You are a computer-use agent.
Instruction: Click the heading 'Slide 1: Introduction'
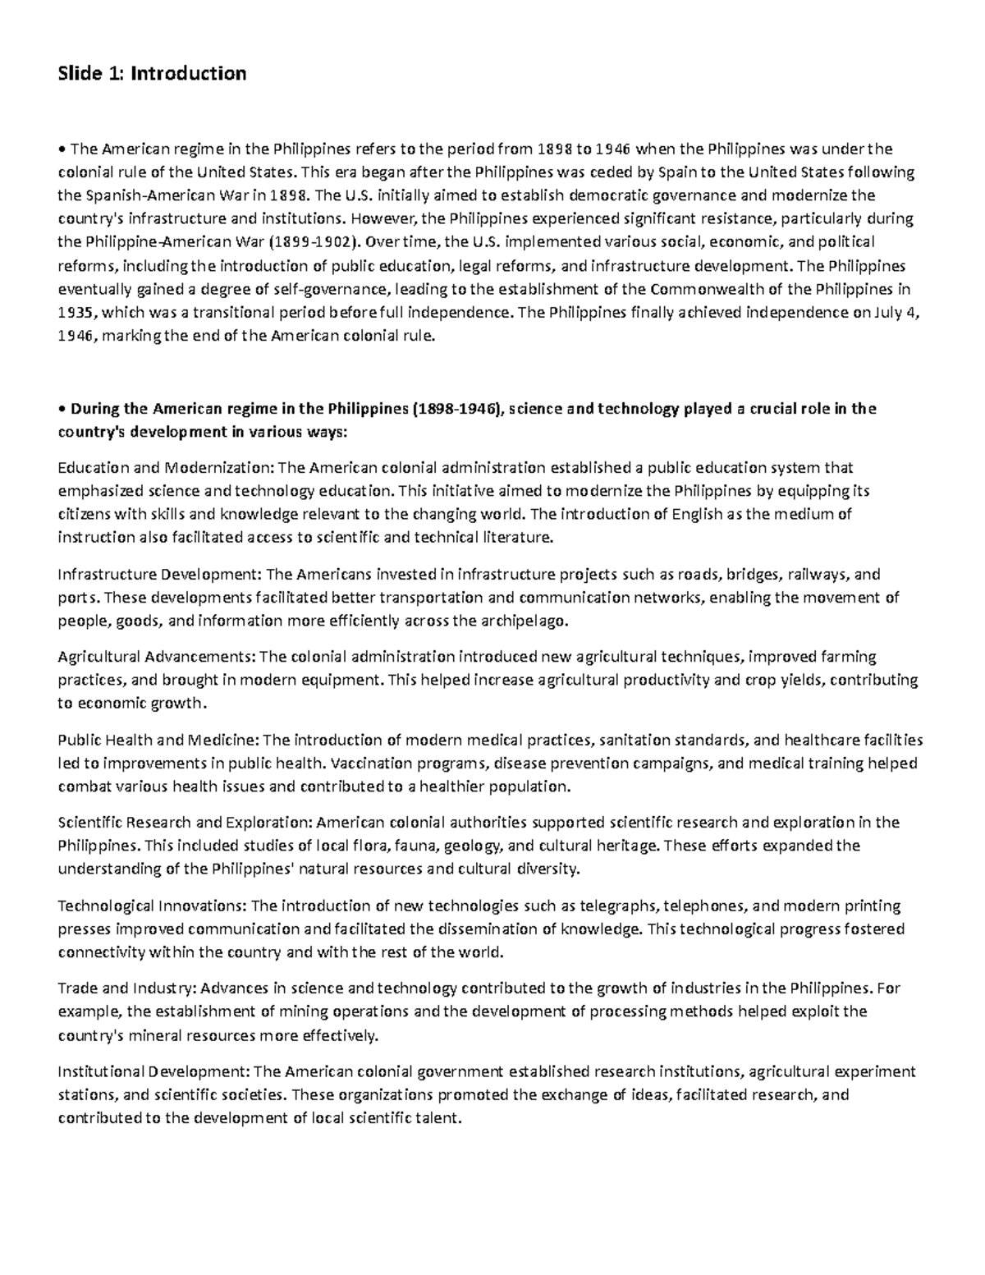tap(152, 74)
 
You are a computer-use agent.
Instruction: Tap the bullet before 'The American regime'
tap(62, 149)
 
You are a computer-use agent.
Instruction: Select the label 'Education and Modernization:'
tap(167, 468)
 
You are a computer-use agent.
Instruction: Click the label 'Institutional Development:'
tap(154, 1071)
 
